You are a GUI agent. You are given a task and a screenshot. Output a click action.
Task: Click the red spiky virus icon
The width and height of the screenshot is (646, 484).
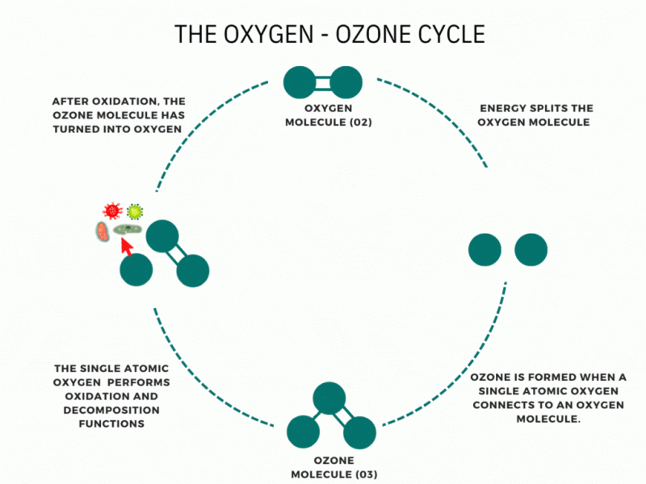(x=112, y=211)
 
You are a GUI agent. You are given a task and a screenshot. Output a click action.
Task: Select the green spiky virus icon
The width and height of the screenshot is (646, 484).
(x=135, y=211)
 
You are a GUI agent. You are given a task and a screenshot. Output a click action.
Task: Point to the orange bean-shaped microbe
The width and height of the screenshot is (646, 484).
(x=103, y=233)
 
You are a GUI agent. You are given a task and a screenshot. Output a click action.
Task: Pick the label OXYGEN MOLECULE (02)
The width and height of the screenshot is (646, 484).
(x=322, y=115)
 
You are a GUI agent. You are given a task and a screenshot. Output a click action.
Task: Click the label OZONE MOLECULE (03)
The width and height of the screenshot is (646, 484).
(x=323, y=467)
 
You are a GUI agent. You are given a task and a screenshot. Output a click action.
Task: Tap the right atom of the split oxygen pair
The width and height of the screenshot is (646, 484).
(x=531, y=249)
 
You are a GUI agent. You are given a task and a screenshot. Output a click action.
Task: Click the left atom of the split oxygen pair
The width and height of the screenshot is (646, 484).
(x=484, y=249)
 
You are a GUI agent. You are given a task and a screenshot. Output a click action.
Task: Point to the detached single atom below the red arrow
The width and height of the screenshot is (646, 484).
(x=136, y=269)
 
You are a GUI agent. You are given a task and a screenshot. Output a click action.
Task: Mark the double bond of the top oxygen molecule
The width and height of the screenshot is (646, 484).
(x=323, y=82)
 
